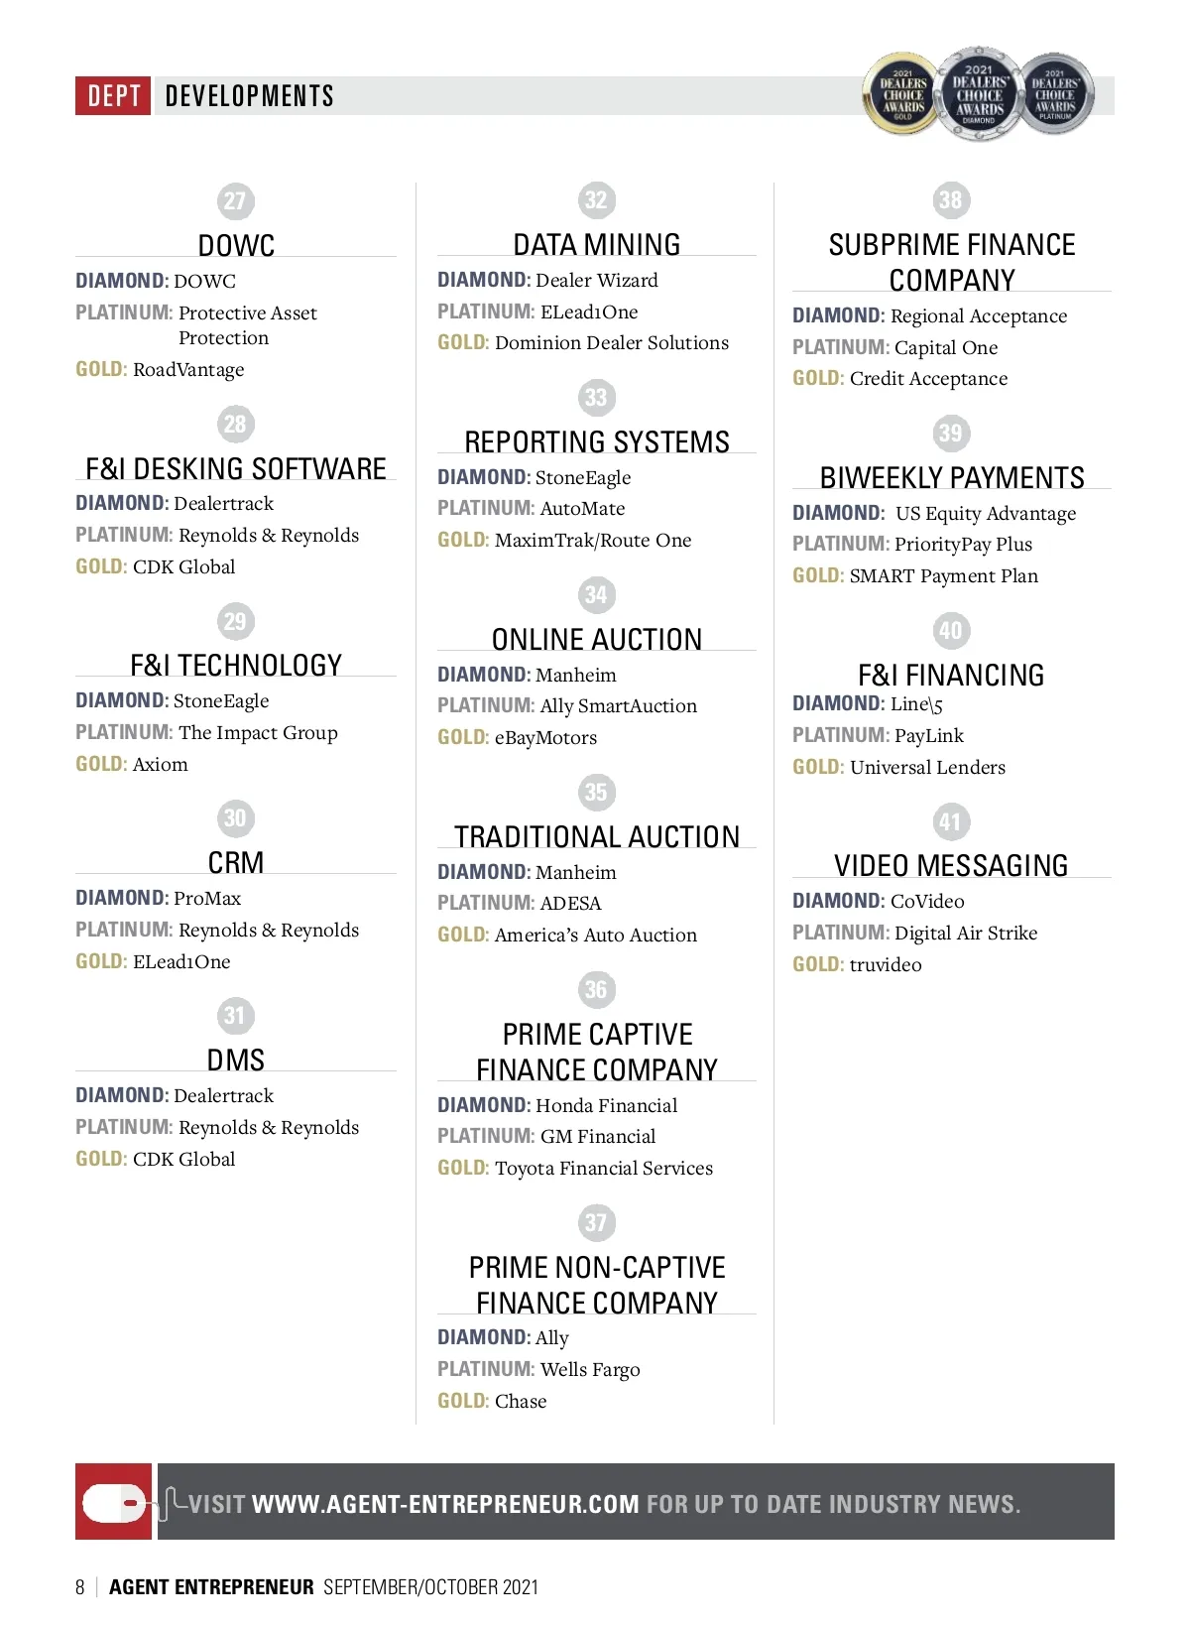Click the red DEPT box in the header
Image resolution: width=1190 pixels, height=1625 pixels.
tap(113, 95)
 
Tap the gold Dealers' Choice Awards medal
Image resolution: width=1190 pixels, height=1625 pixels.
tap(902, 95)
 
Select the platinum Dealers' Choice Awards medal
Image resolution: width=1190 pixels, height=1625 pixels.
tap(1055, 95)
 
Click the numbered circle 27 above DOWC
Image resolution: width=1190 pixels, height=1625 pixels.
tap(235, 201)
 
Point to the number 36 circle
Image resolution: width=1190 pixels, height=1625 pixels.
tap(596, 989)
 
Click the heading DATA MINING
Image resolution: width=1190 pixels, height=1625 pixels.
tap(596, 244)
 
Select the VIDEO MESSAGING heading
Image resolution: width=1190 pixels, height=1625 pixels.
tap(951, 865)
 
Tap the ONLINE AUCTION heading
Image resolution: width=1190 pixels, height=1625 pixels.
tap(596, 639)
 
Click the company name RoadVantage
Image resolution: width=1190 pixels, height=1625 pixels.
tap(188, 369)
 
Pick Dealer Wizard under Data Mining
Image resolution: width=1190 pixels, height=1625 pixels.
tap(596, 280)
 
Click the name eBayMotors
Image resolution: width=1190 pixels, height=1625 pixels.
tap(545, 737)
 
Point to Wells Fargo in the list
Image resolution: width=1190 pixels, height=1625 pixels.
tap(590, 1369)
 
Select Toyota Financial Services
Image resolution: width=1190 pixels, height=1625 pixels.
tap(603, 1168)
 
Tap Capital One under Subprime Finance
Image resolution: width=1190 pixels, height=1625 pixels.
tap(946, 347)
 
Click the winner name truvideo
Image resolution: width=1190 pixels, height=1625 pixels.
tap(886, 964)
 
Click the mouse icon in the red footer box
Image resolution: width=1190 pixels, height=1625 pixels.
tap(114, 1502)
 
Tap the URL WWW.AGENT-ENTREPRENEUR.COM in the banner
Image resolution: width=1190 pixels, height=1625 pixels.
tap(445, 1504)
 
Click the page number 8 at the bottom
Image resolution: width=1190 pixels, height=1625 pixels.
tap(80, 1587)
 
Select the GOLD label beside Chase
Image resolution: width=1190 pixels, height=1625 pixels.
tap(462, 1401)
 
